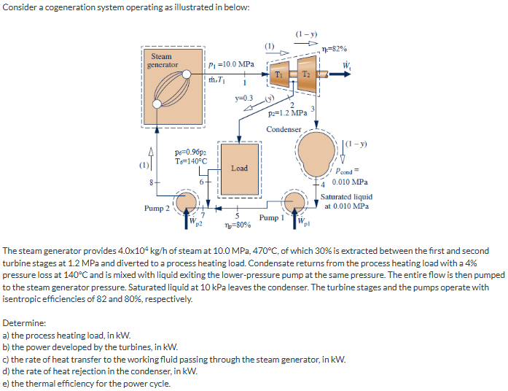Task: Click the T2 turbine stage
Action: tap(306, 74)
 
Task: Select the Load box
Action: tap(239, 169)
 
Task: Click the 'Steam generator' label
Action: tap(163, 61)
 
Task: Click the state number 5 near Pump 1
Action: tap(237, 214)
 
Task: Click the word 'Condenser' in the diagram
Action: tap(284, 128)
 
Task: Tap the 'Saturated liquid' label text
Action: tap(346, 196)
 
